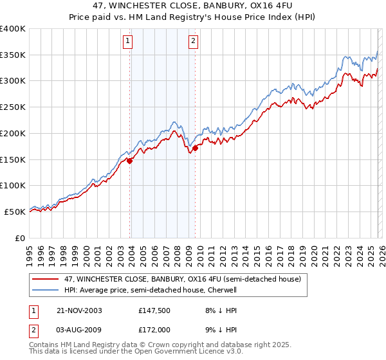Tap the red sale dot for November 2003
click(x=130, y=161)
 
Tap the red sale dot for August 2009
click(x=195, y=148)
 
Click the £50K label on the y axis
click(x=15, y=211)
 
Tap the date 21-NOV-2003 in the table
click(x=80, y=310)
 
